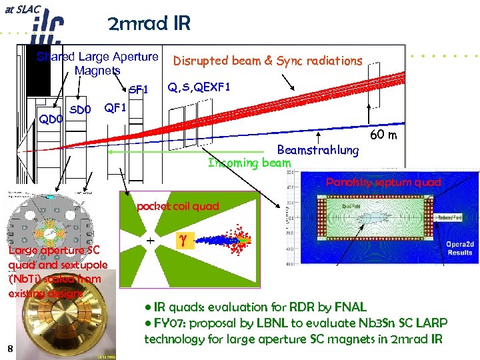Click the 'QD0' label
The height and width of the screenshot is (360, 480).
(50, 119)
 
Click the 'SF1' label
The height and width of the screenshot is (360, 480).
(138, 89)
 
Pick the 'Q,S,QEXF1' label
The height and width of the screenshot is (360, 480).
(199, 86)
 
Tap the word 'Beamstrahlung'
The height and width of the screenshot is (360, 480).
(317, 150)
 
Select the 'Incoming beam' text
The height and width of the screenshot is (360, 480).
(249, 163)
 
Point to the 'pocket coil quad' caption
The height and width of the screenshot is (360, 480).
(177, 206)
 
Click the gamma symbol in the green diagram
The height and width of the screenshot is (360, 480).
(180, 238)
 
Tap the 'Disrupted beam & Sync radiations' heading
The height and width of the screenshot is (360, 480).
(267, 61)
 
